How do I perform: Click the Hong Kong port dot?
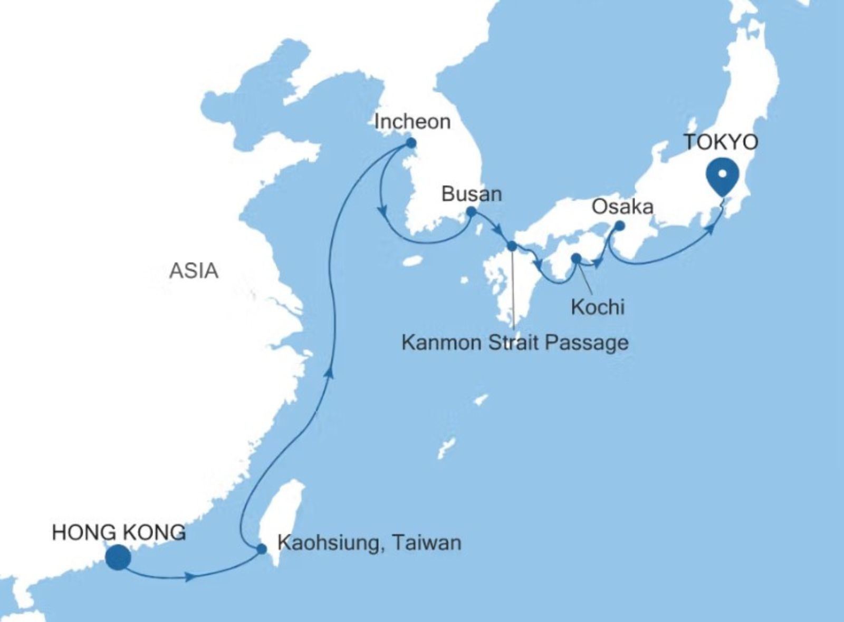tap(118, 558)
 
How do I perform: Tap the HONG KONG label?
tap(119, 532)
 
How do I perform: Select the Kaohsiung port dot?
tap(261, 549)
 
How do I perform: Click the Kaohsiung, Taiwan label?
tap(369, 542)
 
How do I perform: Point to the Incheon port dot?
tap(411, 143)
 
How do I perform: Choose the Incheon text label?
tap(412, 122)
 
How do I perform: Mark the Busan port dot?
tap(471, 212)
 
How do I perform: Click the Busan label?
tap(472, 194)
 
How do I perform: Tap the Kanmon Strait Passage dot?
tap(511, 246)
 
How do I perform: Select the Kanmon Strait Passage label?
tap(515, 343)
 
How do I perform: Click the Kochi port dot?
tap(576, 258)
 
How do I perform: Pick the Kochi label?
tap(598, 307)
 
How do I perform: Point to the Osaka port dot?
tap(619, 226)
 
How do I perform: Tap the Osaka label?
tap(622, 207)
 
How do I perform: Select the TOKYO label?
tap(721, 142)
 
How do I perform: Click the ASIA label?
tap(194, 271)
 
